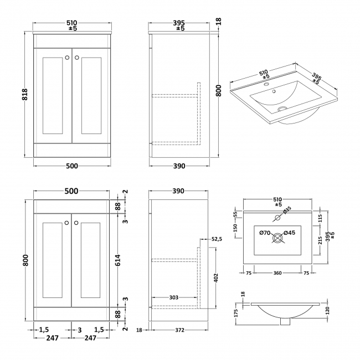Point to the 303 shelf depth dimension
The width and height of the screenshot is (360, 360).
point(174,298)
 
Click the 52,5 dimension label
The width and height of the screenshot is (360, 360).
point(217,239)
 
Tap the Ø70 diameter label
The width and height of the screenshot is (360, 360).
point(265,233)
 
